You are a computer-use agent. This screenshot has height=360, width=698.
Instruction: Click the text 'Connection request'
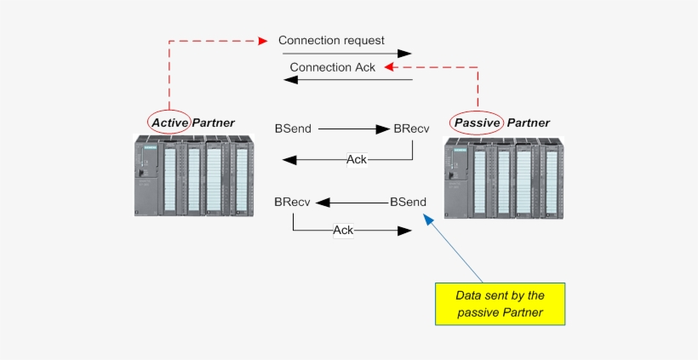coord(331,40)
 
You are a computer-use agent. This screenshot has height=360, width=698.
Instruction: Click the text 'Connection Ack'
coord(332,67)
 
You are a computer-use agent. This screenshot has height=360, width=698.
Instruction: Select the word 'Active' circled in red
coord(169,123)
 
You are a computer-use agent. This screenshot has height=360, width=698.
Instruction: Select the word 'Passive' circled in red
coord(477,123)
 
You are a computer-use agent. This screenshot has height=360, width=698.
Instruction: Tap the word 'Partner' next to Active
coord(213,123)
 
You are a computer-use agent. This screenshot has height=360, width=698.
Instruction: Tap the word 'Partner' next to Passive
coord(528,123)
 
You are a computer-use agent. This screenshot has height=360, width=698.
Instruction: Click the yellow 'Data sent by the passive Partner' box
coord(499,304)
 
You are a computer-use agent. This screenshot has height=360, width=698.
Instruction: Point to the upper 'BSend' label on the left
coord(293,129)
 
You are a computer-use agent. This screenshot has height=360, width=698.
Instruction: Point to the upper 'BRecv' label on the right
coord(411,129)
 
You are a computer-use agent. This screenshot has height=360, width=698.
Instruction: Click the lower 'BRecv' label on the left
coord(292,203)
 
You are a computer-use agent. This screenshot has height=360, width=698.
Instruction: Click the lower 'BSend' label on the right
coord(408,203)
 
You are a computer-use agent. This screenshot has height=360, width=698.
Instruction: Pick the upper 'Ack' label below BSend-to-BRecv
coord(357,159)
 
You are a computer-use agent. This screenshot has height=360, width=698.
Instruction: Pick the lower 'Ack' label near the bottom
coord(343,230)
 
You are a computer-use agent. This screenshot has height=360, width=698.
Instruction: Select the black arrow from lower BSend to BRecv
coord(350,203)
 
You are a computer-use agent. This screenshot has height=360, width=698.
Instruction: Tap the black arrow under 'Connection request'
coord(345,53)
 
